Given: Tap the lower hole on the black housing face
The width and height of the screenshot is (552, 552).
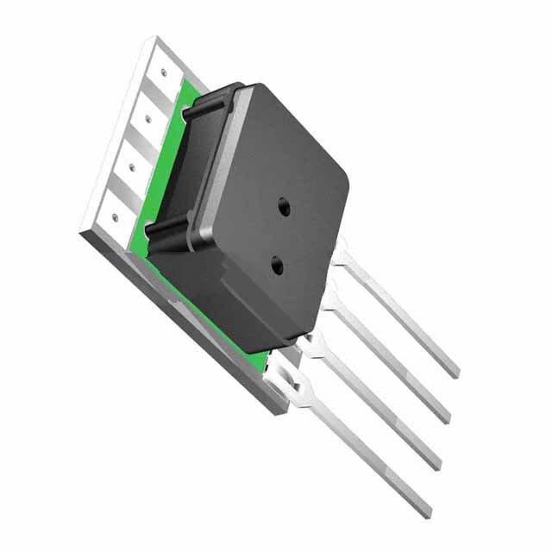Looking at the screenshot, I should coord(277,266).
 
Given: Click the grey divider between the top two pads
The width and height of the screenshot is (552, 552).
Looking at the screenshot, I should coord(156,97).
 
